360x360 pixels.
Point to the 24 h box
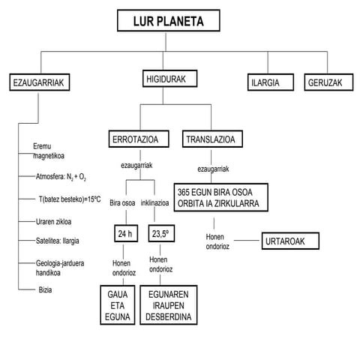[124, 235]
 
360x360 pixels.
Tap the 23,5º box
[160, 235]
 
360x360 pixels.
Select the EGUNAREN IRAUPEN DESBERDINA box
[169, 307]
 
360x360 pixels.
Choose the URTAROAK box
[290, 241]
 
